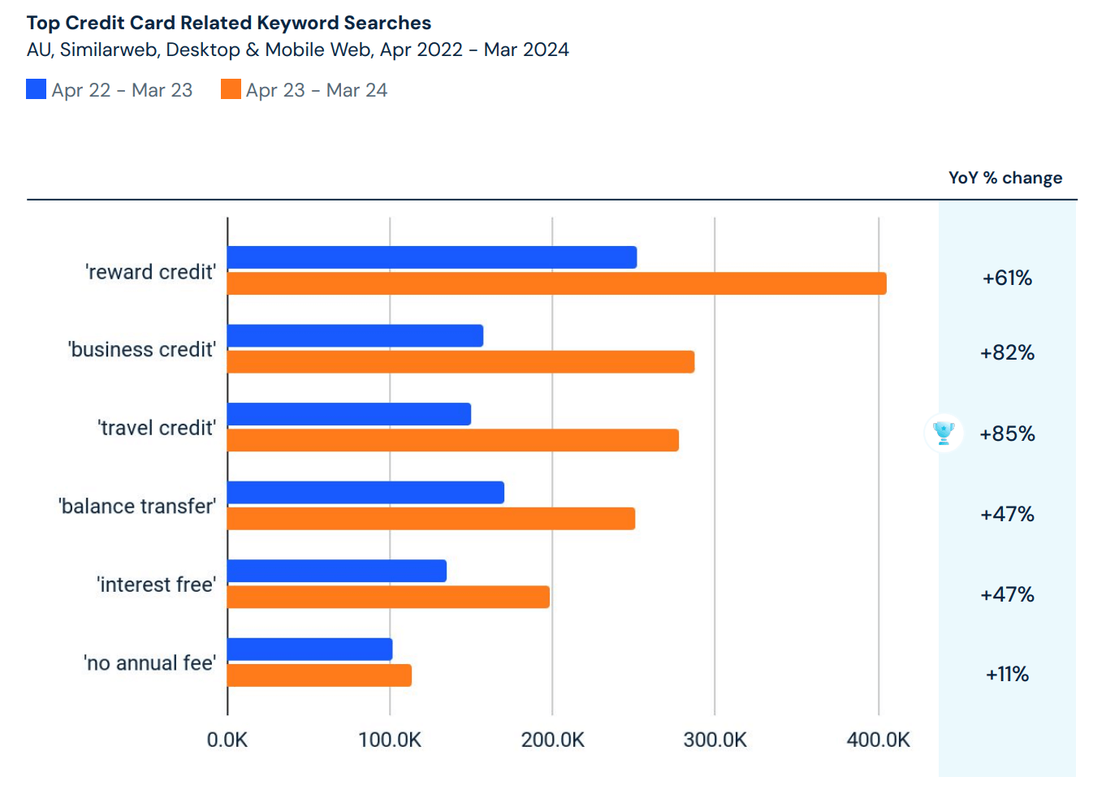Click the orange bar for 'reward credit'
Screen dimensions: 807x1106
click(556, 283)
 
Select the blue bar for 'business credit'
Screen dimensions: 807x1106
click(355, 336)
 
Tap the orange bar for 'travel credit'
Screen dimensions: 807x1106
click(452, 440)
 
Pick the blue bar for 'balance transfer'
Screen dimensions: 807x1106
click(365, 493)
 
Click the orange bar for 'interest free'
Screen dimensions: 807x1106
click(388, 597)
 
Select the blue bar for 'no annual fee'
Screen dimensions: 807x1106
click(309, 649)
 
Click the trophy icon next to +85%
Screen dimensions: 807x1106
click(944, 433)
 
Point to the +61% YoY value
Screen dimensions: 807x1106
click(1007, 278)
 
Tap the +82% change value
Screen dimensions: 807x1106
click(1007, 353)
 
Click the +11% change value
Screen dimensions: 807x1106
click(1007, 675)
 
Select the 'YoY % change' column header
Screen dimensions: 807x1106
click(1004, 178)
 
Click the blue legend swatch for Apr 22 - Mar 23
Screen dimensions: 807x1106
click(37, 89)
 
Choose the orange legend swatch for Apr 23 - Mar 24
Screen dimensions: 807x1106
click(231, 89)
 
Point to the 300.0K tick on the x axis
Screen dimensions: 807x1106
click(715, 740)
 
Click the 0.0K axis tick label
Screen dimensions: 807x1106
click(227, 740)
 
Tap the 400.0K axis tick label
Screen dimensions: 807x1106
click(878, 740)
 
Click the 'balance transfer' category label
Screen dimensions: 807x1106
click(137, 507)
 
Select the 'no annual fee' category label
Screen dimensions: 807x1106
click(149, 663)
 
